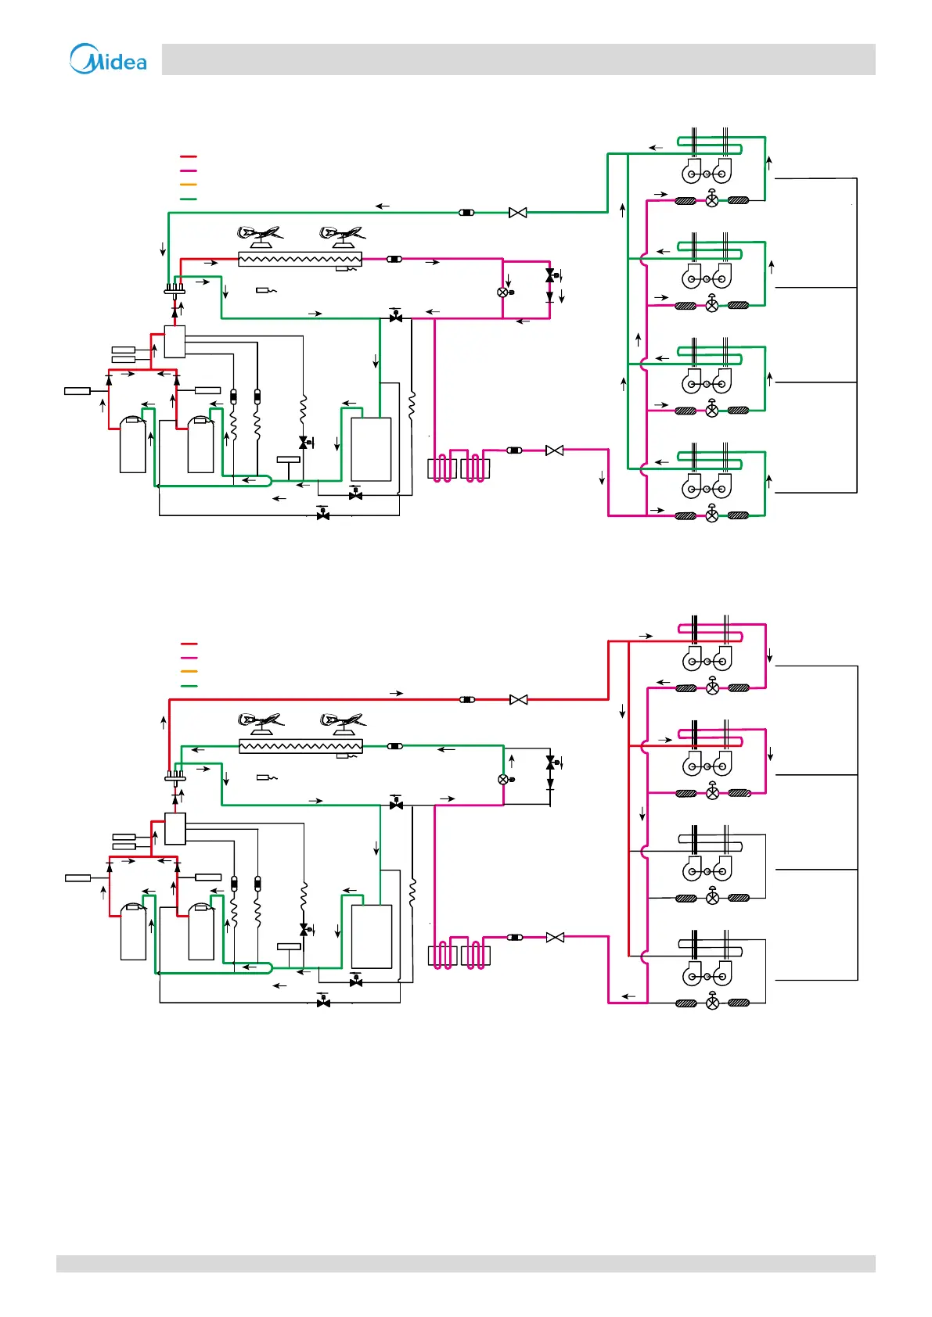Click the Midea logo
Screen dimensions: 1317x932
pos(108,59)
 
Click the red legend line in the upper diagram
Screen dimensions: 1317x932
pos(188,157)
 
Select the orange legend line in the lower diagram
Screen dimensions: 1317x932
pos(188,672)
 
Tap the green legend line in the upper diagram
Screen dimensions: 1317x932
pos(188,199)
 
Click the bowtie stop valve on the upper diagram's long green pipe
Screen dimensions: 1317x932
pos(517,213)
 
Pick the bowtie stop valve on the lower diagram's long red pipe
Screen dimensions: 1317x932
pos(518,700)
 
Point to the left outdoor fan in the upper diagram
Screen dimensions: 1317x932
pos(260,235)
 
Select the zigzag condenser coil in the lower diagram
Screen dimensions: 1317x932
pos(300,747)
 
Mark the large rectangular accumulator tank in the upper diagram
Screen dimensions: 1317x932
pos(371,450)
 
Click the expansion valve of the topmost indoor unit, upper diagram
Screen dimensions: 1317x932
pos(712,200)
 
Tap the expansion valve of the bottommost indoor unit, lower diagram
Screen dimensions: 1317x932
pos(713,1003)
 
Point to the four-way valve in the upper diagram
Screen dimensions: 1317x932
pos(174,290)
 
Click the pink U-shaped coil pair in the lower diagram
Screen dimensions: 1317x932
pos(459,956)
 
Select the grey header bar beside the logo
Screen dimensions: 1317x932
pos(518,59)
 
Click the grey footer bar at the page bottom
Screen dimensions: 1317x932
pos(466,1264)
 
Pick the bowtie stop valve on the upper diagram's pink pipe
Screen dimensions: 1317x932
pos(554,450)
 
